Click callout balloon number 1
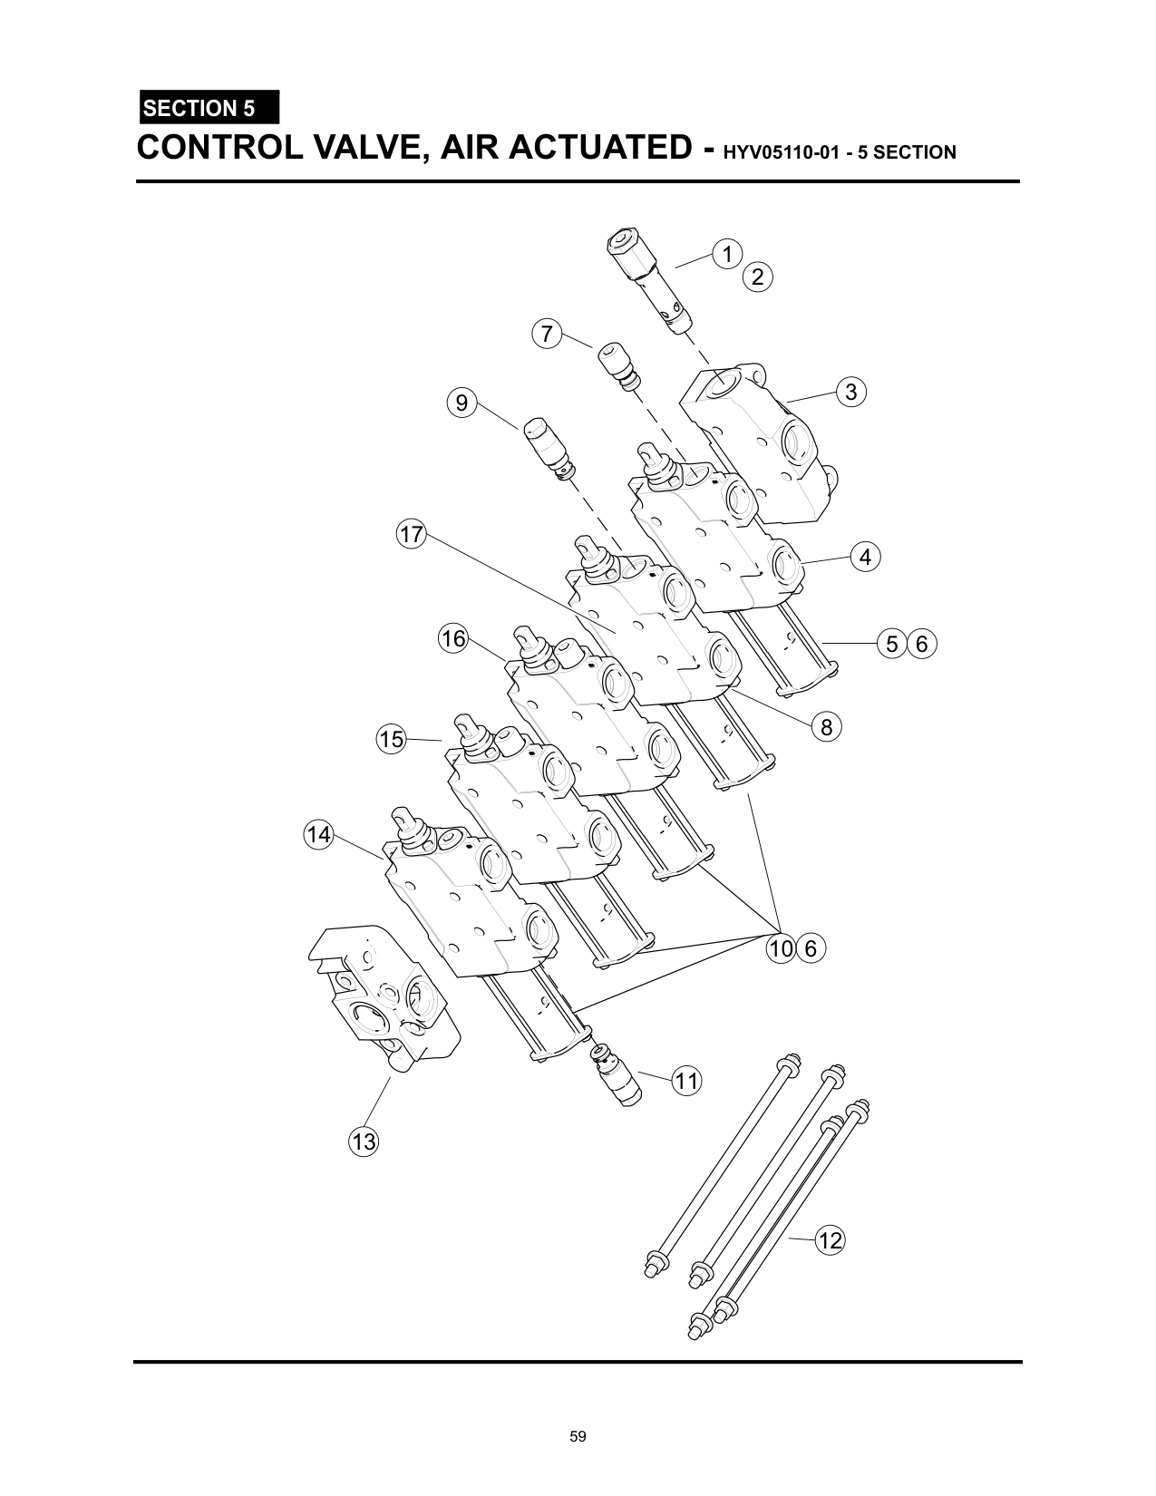pos(727,254)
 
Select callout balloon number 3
pos(851,392)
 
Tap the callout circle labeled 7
pos(547,334)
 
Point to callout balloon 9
pos(461,403)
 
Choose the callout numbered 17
pos(411,534)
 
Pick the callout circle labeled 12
pos(830,1240)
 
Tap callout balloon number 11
pos(686,1081)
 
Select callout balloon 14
pos(319,835)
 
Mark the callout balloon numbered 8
pos(826,726)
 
